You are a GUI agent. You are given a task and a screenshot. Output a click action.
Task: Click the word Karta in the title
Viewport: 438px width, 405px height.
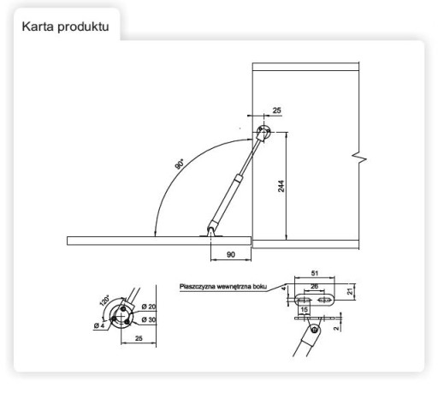pos(38,27)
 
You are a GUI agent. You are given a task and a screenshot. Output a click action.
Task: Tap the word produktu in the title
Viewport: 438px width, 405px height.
pos(83,27)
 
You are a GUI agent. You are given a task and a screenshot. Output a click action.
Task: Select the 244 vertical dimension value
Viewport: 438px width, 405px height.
pos(281,186)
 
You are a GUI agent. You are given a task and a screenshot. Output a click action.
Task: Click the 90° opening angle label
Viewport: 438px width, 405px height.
pos(180,164)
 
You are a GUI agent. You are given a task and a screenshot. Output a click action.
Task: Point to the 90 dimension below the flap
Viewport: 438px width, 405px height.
pos(231,254)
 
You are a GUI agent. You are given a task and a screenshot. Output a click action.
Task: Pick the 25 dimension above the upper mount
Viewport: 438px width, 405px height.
pos(276,110)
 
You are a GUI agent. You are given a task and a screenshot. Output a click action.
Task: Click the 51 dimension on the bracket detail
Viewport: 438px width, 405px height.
pos(315,273)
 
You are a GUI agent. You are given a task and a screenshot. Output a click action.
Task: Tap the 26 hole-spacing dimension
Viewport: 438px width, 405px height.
pos(314,286)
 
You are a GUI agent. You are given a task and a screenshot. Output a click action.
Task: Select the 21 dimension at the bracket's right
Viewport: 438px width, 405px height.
pos(350,291)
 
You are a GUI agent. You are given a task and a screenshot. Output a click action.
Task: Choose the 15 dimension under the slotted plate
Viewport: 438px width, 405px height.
pos(304,310)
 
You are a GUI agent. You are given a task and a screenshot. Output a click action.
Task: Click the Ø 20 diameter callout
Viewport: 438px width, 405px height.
pos(149,307)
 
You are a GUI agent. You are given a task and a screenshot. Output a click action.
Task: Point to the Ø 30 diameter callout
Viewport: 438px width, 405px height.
pos(149,319)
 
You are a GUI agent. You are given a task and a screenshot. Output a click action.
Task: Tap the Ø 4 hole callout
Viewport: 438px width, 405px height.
pos(99,325)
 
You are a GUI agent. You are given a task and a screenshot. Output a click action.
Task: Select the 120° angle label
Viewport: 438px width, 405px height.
pos(104,301)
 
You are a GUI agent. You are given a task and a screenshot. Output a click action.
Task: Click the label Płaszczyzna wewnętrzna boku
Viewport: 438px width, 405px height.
pos(223,287)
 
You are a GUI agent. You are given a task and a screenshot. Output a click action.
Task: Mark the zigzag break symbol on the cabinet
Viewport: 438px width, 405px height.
pos(359,158)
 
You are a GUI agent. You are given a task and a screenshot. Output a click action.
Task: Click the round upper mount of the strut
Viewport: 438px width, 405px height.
pos(263,132)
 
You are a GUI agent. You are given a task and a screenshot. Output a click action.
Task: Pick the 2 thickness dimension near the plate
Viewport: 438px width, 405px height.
pos(337,328)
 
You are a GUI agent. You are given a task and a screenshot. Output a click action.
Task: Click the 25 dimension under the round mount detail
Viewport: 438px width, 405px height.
pos(139,338)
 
